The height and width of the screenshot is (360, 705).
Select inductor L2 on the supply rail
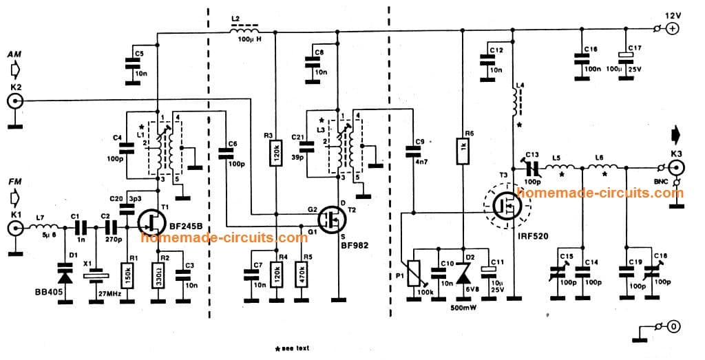click(x=246, y=31)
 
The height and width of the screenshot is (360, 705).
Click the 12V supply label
click(x=671, y=16)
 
